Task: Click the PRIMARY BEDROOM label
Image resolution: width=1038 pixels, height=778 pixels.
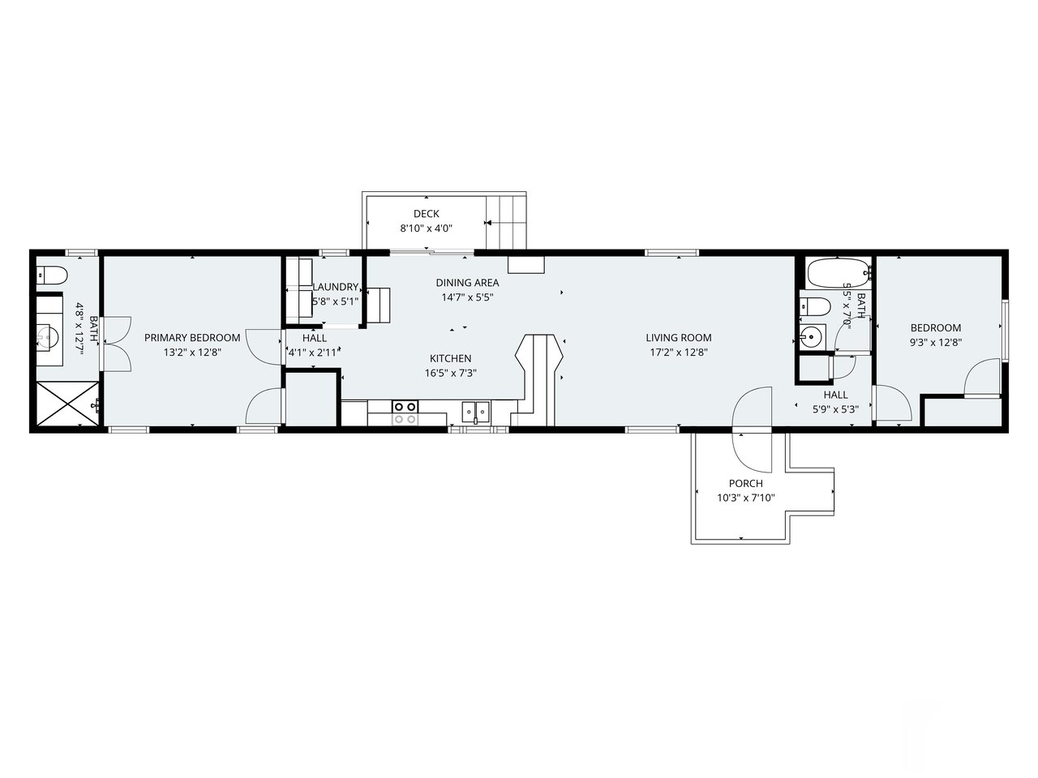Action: click(192, 337)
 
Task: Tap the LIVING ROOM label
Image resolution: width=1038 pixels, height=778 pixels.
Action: click(679, 337)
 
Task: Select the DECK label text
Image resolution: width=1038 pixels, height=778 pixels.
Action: click(426, 214)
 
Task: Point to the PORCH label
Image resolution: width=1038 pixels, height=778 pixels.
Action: click(745, 483)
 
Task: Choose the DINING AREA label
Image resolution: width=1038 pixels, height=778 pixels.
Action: click(467, 283)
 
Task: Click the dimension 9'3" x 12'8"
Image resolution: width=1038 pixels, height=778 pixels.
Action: click(936, 342)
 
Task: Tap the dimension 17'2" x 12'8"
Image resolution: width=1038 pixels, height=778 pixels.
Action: click(679, 352)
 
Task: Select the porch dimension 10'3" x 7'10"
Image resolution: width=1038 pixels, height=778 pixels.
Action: click(745, 498)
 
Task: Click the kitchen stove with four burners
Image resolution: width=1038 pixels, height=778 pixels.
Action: click(405, 413)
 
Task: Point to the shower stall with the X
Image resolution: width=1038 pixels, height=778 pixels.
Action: click(65, 403)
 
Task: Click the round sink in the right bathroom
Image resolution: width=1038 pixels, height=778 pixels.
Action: click(811, 336)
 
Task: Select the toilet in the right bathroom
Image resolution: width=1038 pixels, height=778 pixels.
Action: click(813, 306)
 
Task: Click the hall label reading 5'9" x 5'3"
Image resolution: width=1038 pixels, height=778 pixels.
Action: click(835, 402)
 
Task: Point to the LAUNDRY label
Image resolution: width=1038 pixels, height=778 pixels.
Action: click(335, 287)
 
